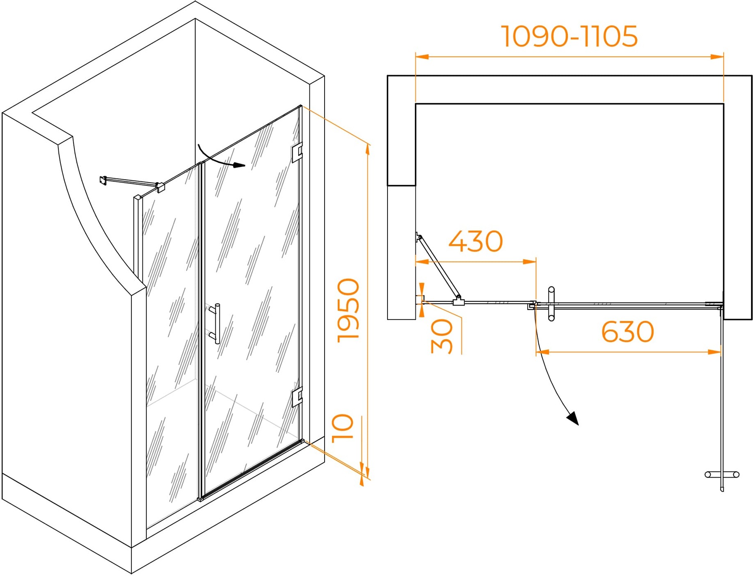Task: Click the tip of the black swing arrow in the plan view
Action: point(578,425)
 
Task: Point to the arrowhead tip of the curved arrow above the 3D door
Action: point(245,166)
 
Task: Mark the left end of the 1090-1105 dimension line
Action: point(416,57)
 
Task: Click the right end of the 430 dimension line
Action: point(536,261)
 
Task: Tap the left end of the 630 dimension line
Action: point(536,352)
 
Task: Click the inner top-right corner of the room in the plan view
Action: point(723,104)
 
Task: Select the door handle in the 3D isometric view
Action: point(215,324)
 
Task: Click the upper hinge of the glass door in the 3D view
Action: point(297,152)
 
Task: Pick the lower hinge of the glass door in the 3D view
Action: point(297,397)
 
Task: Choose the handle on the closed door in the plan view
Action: point(551,304)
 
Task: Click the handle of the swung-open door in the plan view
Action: point(722,475)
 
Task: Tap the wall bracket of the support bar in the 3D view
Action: point(103,180)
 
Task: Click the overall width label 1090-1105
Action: point(570,36)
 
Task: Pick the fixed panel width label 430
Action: point(476,241)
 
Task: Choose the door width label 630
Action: point(627,332)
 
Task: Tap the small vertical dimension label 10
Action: point(342,428)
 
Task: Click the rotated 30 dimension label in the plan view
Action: point(442,337)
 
